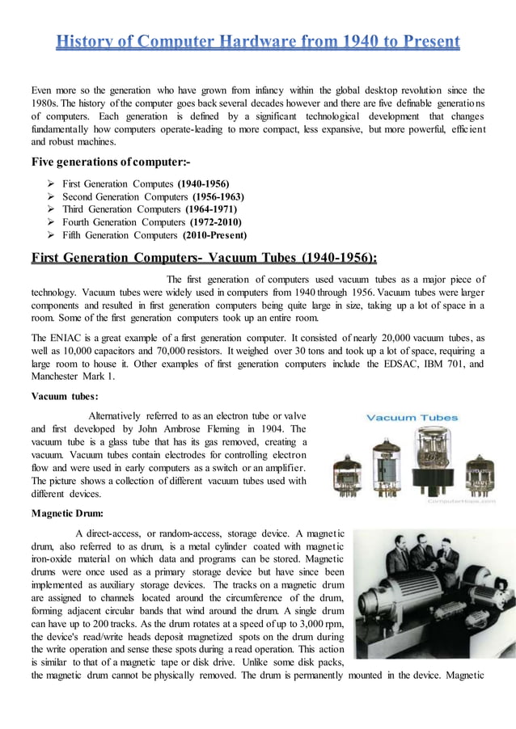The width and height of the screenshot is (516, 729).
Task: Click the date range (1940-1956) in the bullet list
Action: (x=205, y=183)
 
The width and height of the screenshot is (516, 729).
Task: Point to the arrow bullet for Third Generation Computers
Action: (x=51, y=209)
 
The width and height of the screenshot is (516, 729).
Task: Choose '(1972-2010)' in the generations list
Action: (x=215, y=222)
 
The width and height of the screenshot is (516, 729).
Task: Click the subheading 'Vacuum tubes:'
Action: (x=65, y=396)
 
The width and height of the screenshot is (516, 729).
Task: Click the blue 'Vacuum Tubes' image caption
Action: (x=412, y=418)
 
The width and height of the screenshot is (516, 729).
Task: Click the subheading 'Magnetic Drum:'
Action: (x=67, y=513)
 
